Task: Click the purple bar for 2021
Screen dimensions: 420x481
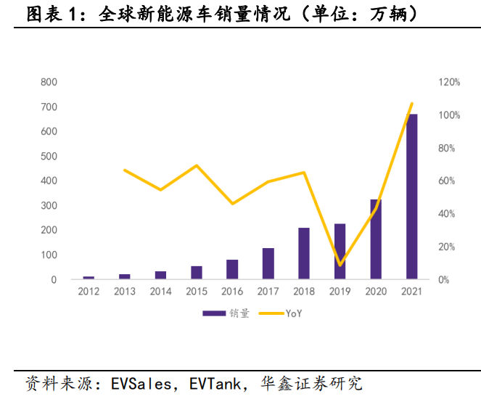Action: click(x=412, y=196)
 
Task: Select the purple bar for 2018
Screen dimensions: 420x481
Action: click(x=304, y=253)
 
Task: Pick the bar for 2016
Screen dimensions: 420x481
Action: click(x=232, y=269)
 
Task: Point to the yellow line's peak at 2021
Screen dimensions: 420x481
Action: click(x=411, y=103)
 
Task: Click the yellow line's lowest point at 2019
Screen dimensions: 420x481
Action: click(x=340, y=265)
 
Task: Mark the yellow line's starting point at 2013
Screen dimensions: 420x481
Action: click(x=125, y=170)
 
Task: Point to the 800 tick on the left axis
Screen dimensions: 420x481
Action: click(x=49, y=83)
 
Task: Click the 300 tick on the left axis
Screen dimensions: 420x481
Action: click(x=49, y=206)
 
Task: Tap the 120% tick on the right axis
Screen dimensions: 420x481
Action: click(x=449, y=83)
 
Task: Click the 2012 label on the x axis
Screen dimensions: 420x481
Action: click(x=89, y=292)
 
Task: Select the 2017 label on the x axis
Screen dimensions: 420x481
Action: click(x=268, y=292)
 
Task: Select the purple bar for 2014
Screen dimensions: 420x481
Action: click(x=160, y=275)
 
